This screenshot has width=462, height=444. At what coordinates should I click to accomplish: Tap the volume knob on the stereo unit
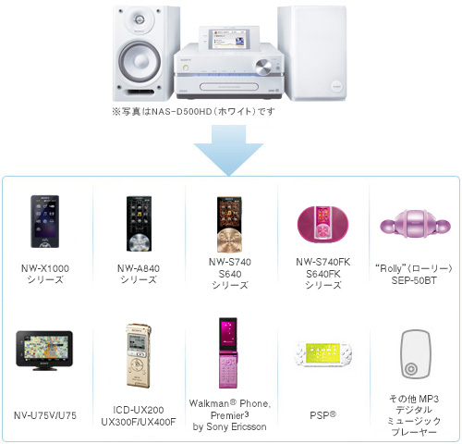pyautogui.click(x=263, y=68)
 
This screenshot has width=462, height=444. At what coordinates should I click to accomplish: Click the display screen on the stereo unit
pyautogui.click(x=229, y=39)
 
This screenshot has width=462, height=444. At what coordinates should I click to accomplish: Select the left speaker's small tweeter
pyautogui.click(x=140, y=20)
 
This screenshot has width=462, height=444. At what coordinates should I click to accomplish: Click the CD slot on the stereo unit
pyautogui.click(x=229, y=87)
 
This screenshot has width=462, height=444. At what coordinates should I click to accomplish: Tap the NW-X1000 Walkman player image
pyautogui.click(x=44, y=221)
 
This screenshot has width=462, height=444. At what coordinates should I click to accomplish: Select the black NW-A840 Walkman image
pyautogui.click(x=139, y=223)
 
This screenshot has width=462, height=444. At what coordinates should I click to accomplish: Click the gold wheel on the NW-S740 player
pyautogui.click(x=229, y=240)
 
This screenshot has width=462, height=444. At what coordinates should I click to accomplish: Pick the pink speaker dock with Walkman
pyautogui.click(x=322, y=224)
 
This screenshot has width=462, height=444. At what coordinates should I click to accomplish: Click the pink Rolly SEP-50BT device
pyautogui.click(x=415, y=225)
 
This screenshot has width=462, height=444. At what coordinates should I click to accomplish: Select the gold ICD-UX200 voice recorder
pyautogui.click(x=139, y=355)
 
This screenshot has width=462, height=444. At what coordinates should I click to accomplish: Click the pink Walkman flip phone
pyautogui.click(x=228, y=352)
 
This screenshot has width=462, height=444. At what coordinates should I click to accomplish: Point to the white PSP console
pyautogui.click(x=323, y=353)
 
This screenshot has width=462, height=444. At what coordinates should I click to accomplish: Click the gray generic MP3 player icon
pyautogui.click(x=416, y=354)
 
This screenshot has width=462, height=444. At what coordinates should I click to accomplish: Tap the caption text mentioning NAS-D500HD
pyautogui.click(x=193, y=111)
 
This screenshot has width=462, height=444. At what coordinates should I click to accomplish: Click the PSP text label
pyautogui.click(x=322, y=415)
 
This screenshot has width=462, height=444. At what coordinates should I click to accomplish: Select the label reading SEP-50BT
pyautogui.click(x=414, y=280)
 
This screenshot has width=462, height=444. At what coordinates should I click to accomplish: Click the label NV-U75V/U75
pyautogui.click(x=45, y=415)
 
